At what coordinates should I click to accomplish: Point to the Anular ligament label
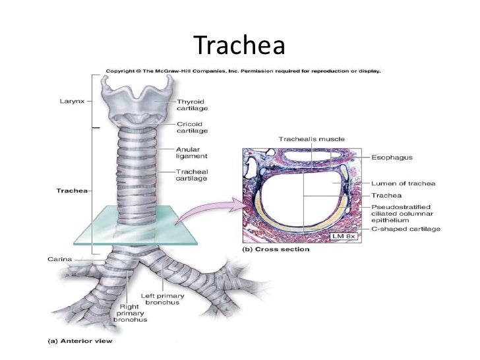click(191, 152)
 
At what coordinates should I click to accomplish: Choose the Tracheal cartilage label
click(191, 173)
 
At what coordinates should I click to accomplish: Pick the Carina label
click(60, 259)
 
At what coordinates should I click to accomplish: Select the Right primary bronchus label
click(130, 313)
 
